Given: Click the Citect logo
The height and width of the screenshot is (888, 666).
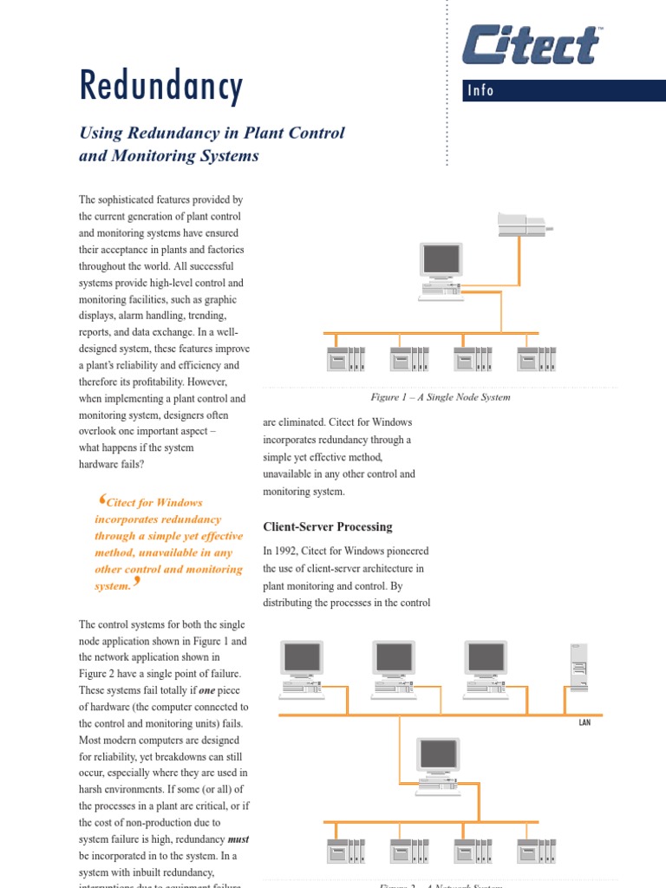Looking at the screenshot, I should [x=532, y=45].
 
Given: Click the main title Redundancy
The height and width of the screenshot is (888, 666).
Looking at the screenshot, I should [x=161, y=86].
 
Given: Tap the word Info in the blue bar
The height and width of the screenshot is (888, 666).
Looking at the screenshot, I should [x=480, y=90].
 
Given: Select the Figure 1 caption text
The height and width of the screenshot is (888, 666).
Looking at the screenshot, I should [x=440, y=397].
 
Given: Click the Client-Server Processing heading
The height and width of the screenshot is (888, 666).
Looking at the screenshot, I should [x=327, y=526].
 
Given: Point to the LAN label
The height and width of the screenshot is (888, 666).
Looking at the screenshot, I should [x=584, y=721].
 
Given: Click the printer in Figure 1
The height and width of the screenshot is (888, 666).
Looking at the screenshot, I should [x=522, y=225].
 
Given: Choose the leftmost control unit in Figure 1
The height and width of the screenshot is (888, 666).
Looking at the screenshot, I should [x=344, y=358].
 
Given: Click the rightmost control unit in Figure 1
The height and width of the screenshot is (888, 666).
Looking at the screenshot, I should [x=536, y=358].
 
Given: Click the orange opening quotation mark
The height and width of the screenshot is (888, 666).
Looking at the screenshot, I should [x=102, y=499].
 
